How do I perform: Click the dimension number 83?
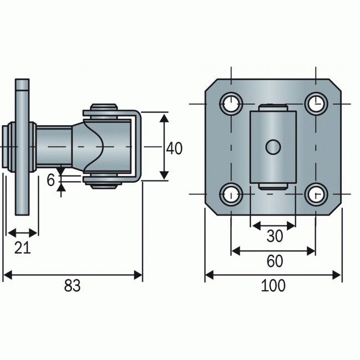click(x=72, y=286)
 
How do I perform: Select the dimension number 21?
click(x=22, y=248)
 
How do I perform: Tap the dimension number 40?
click(x=174, y=148)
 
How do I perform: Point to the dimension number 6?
click(x=51, y=180)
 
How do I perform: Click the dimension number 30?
click(x=274, y=236)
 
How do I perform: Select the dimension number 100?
click(x=274, y=286)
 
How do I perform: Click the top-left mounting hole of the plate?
click(x=231, y=102)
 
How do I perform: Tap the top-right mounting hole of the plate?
click(x=316, y=102)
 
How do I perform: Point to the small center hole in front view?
click(x=272, y=147)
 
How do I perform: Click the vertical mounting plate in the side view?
click(x=22, y=147)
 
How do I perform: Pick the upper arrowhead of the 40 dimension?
click(x=164, y=117)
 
